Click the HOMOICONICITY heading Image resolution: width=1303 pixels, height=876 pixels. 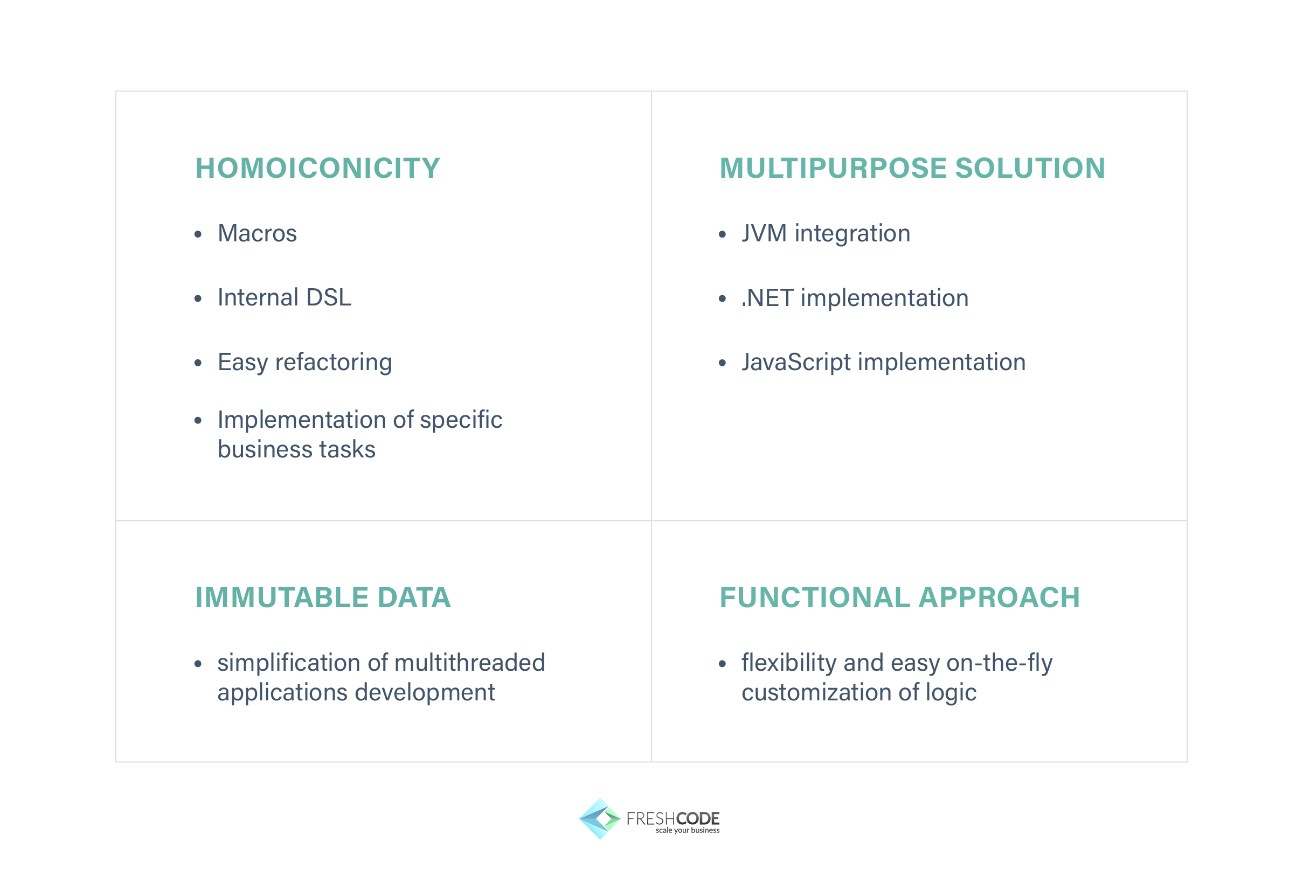pos(317,168)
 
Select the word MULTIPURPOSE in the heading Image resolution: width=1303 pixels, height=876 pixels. pos(833,168)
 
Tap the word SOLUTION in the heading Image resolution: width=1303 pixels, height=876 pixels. pos(1030,168)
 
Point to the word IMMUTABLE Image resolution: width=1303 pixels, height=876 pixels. pos(282,597)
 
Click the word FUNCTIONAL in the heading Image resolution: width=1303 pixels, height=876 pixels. pos(815,597)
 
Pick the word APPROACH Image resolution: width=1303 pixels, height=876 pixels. pos(999,597)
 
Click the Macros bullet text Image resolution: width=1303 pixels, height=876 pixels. pos(257,233)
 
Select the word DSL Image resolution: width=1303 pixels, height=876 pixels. pos(329,298)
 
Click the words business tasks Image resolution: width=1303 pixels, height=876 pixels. pos(296,450)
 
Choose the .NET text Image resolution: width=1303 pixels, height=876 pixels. pos(767,298)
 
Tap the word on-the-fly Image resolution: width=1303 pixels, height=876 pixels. pos(999,664)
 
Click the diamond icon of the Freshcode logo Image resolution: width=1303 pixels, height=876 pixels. pos(600,819)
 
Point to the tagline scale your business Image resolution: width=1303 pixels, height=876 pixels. pos(687,831)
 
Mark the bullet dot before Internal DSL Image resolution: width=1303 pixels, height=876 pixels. pos(198,299)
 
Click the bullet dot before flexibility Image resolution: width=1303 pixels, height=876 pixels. pos(722,664)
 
